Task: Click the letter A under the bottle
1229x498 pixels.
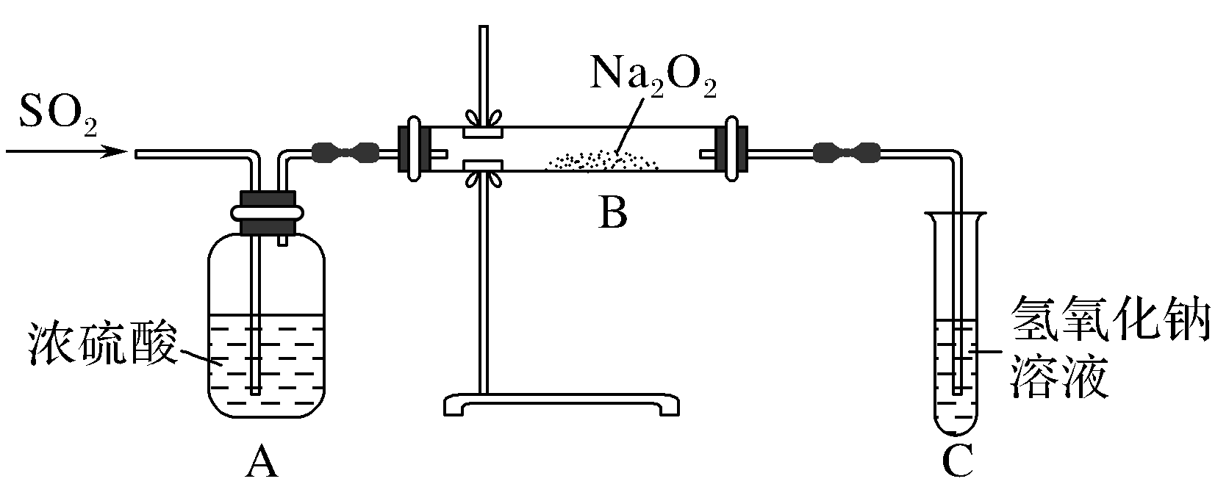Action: tap(262, 463)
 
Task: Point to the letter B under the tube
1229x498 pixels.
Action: tap(612, 214)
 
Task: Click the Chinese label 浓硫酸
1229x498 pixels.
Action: tap(103, 343)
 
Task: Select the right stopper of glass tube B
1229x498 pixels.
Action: tap(735, 150)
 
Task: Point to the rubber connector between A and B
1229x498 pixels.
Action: tap(345, 153)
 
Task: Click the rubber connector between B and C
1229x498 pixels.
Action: tap(847, 153)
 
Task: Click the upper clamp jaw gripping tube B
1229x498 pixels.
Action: tap(482, 133)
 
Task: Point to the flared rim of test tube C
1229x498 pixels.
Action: tap(956, 215)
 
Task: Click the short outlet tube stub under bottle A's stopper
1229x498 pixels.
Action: tap(283, 239)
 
